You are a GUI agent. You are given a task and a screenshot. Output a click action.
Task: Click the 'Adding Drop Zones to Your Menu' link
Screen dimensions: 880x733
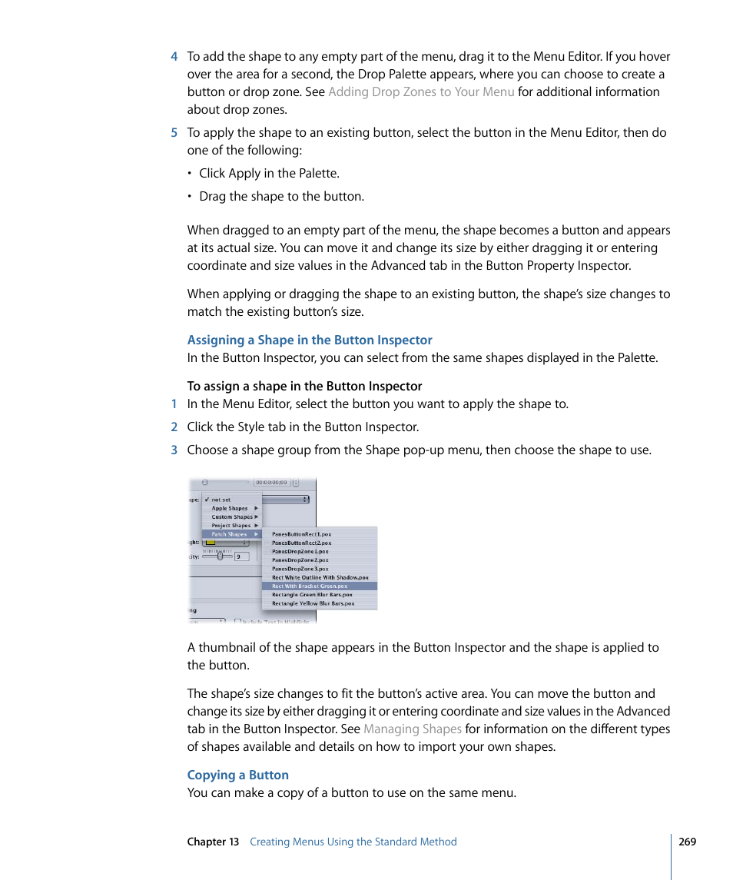421,92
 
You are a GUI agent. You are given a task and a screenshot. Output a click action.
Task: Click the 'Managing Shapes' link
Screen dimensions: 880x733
412,729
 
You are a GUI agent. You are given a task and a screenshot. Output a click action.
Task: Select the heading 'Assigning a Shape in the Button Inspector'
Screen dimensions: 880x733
310,340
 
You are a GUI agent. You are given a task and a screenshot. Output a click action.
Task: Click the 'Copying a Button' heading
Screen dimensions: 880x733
238,775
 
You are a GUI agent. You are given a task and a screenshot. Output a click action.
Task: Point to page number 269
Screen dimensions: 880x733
687,842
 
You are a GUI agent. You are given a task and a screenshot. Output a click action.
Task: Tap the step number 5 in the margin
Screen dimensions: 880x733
174,133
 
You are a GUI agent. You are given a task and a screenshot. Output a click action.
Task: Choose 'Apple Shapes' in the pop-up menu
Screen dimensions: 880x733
231,509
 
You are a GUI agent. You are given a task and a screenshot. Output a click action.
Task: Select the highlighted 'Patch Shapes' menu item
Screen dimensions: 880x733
231,534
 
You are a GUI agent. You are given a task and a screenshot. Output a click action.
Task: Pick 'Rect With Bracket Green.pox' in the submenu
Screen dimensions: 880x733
310,586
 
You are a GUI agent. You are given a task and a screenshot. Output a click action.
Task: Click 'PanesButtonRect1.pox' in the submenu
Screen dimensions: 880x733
301,534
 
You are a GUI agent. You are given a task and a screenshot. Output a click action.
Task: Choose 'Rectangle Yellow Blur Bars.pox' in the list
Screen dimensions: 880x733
313,604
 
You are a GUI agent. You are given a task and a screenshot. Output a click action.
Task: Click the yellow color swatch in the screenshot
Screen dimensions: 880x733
210,543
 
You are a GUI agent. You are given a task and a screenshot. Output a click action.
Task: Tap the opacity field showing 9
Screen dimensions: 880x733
241,556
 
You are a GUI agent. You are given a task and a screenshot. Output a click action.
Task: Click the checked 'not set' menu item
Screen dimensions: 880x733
221,500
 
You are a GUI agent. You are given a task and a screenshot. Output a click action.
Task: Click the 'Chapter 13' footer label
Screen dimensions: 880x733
213,842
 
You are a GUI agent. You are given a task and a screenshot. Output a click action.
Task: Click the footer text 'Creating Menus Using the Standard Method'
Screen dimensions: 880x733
353,842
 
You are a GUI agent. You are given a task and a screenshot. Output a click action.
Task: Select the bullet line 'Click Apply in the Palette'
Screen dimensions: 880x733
269,174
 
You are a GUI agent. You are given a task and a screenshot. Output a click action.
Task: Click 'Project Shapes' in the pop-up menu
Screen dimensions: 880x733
231,526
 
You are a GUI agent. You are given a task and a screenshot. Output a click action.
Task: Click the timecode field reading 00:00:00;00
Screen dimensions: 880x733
271,483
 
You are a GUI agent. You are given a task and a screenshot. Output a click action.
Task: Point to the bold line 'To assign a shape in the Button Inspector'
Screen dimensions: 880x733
304,387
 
